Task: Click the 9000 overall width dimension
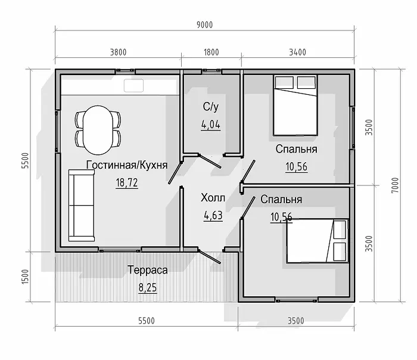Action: [x=204, y=25]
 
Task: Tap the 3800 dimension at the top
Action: [x=119, y=52]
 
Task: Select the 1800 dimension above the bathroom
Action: [x=211, y=52]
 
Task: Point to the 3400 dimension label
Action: [x=298, y=52]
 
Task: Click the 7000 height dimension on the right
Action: [x=396, y=185]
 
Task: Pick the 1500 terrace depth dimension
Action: [x=25, y=277]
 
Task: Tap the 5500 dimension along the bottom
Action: [x=147, y=321]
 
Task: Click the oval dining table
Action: [x=98, y=130]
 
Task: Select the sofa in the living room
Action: [x=82, y=205]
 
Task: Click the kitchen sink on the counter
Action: [x=133, y=85]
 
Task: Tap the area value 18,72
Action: [x=127, y=183]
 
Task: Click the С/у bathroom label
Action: [x=211, y=107]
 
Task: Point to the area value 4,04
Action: [x=211, y=125]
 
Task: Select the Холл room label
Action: [x=213, y=198]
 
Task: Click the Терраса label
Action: [x=148, y=270]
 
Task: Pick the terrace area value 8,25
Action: [x=148, y=288]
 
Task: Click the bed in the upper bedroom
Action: [x=295, y=105]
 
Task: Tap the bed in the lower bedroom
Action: [x=318, y=241]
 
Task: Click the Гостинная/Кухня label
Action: [x=127, y=165]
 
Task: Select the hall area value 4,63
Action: [x=213, y=216]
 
